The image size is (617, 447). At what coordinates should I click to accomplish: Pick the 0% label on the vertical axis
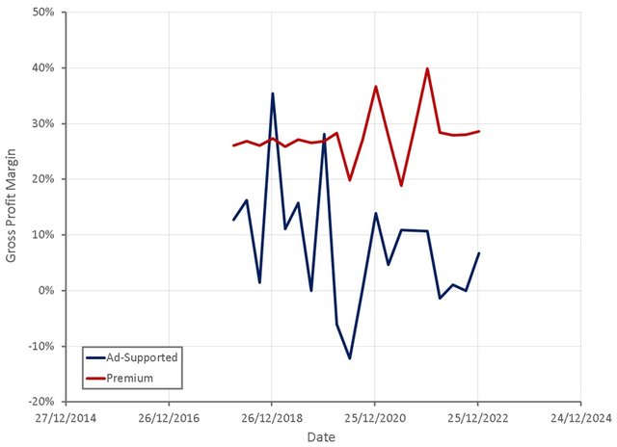click(45, 291)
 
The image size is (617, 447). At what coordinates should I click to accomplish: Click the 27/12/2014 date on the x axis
click(66, 418)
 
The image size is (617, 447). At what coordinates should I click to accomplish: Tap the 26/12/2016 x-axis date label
click(169, 418)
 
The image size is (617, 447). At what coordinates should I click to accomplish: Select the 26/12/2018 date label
click(272, 418)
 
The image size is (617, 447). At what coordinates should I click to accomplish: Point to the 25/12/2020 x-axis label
click(375, 418)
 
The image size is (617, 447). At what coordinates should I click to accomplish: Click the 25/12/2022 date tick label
click(478, 418)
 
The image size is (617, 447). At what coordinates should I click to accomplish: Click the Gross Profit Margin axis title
click(13, 207)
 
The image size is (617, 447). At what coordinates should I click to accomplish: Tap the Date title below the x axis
click(322, 437)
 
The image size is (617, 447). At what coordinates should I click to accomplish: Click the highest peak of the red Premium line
click(427, 68)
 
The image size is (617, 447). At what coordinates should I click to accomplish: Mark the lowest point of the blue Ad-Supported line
click(350, 358)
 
